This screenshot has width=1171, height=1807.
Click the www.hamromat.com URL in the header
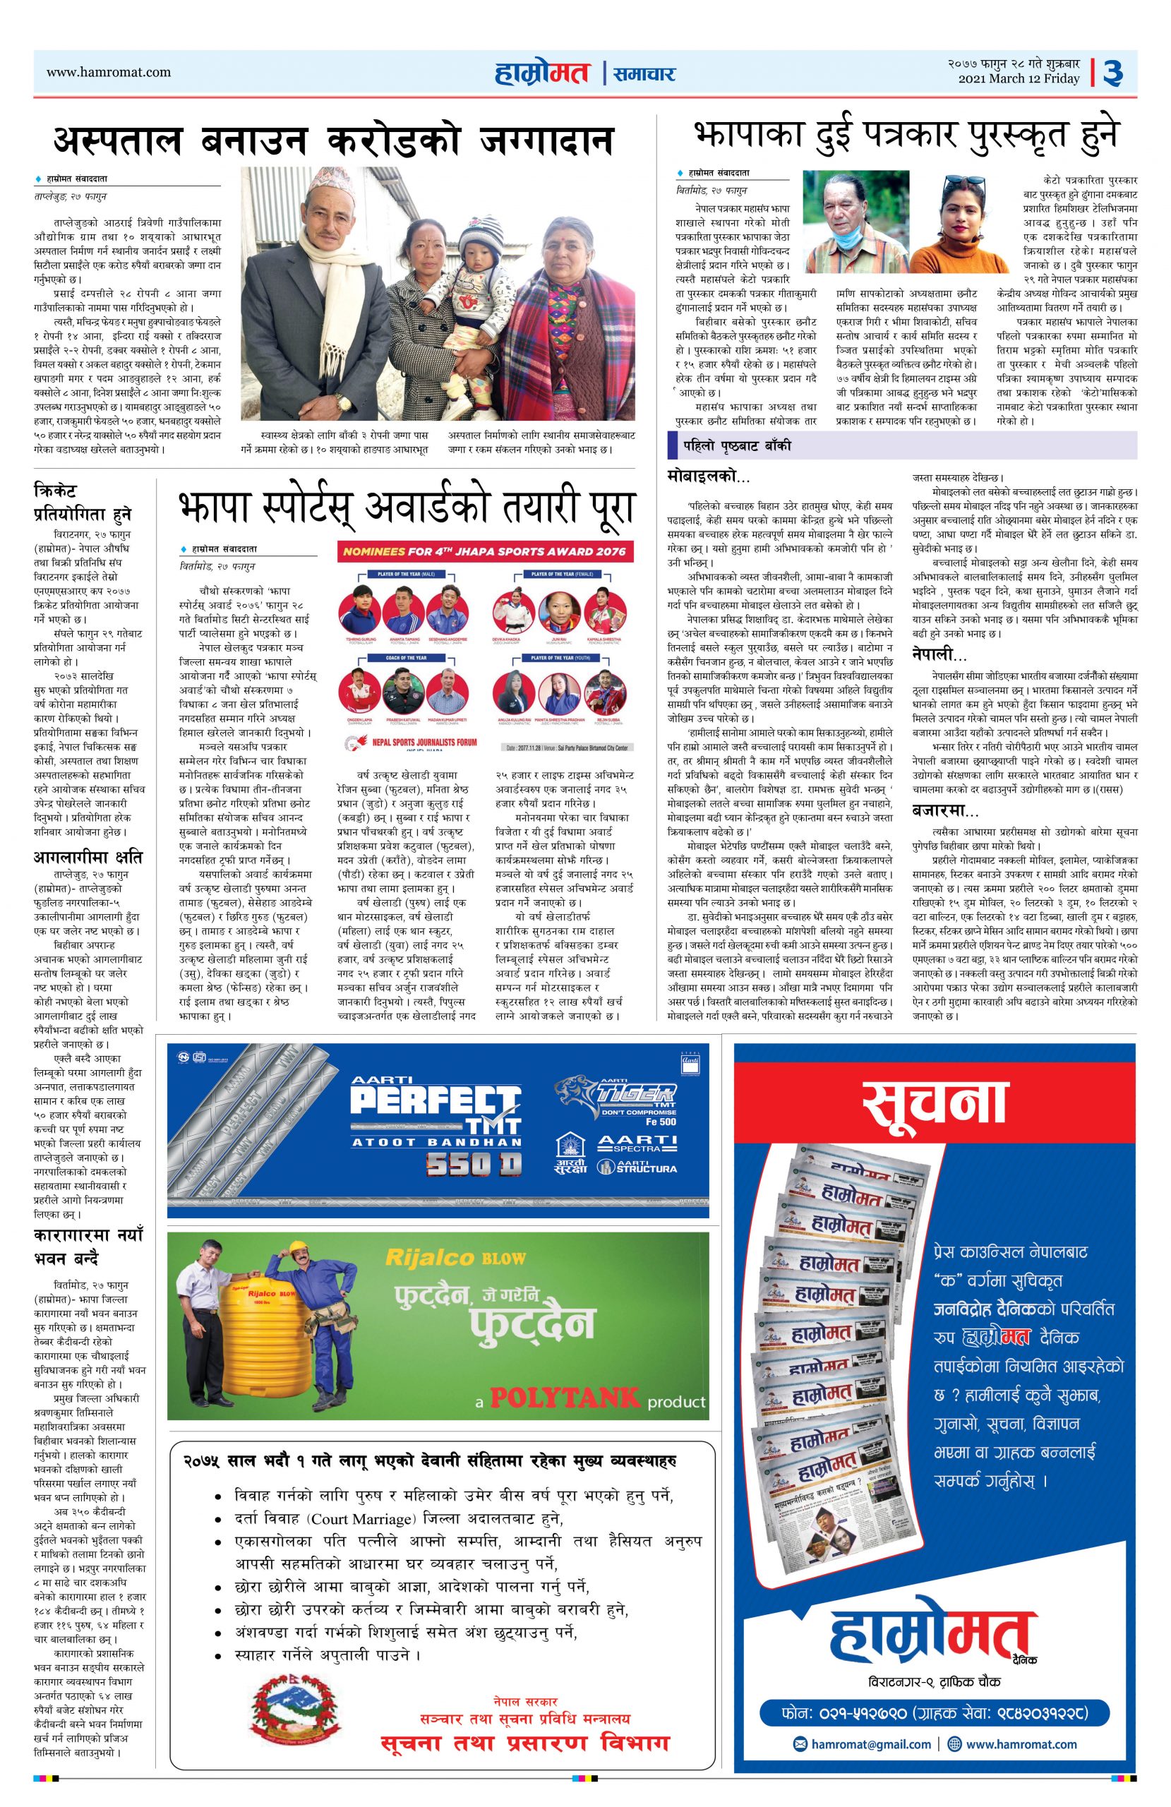109,72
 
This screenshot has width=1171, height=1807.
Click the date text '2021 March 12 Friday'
1019,79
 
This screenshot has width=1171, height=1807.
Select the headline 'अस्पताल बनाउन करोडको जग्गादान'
332,140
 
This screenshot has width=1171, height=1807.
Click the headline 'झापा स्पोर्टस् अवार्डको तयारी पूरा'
406,508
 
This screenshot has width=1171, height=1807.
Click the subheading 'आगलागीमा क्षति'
88,858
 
